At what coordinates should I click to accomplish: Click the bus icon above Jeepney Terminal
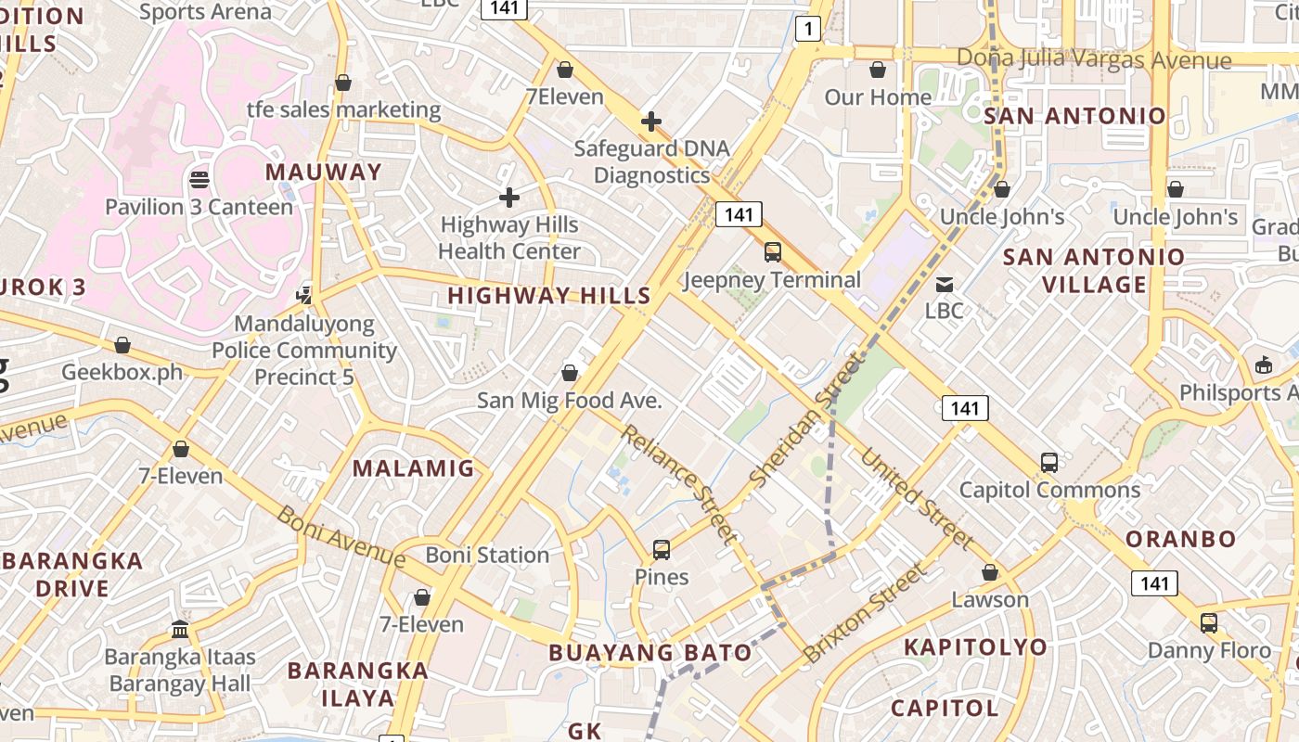pos(772,251)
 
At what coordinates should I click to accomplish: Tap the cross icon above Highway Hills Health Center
pos(508,197)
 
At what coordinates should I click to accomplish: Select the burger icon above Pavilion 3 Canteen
pos(199,178)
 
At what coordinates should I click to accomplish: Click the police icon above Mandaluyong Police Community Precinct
pos(303,295)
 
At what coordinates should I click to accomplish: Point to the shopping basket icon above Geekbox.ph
pos(122,345)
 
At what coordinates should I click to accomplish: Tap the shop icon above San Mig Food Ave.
pos(570,373)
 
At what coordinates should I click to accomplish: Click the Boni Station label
pos(487,555)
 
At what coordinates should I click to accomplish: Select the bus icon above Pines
pos(662,549)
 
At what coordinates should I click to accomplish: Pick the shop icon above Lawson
pos(990,572)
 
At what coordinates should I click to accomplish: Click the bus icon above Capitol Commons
pos(1049,462)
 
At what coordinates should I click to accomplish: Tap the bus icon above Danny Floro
pos(1208,622)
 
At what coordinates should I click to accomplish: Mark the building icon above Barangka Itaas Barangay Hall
pos(180,630)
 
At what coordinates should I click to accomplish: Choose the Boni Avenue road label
pos(341,536)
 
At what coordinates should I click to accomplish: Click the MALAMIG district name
pos(413,468)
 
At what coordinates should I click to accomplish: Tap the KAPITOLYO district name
pos(975,646)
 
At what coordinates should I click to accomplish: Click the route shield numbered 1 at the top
pos(808,29)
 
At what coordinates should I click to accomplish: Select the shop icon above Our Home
pos(877,70)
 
